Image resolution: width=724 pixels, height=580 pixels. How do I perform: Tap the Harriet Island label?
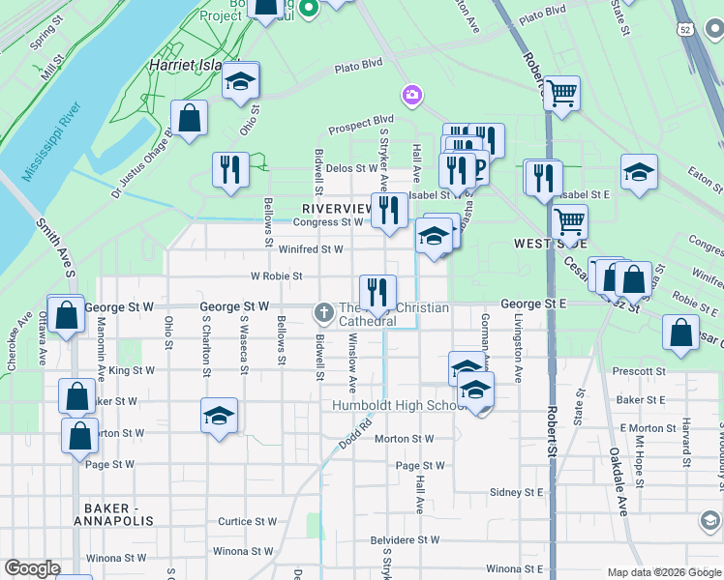(x=185, y=65)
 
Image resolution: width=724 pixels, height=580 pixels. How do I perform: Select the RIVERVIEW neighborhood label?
(x=337, y=209)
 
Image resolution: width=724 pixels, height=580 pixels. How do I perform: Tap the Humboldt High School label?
(x=393, y=405)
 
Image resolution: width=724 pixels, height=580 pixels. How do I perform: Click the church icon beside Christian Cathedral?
(x=323, y=311)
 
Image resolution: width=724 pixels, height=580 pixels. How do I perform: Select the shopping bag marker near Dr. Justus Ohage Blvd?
(x=192, y=119)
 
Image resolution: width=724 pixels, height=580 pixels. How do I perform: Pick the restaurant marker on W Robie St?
(x=377, y=292)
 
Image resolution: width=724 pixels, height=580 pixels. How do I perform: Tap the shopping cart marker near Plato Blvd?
(x=561, y=94)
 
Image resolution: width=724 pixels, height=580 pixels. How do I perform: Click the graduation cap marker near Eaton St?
(x=639, y=173)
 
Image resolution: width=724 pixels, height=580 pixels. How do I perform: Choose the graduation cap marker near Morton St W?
(x=220, y=417)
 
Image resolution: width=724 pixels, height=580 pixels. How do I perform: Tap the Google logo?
(x=33, y=568)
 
